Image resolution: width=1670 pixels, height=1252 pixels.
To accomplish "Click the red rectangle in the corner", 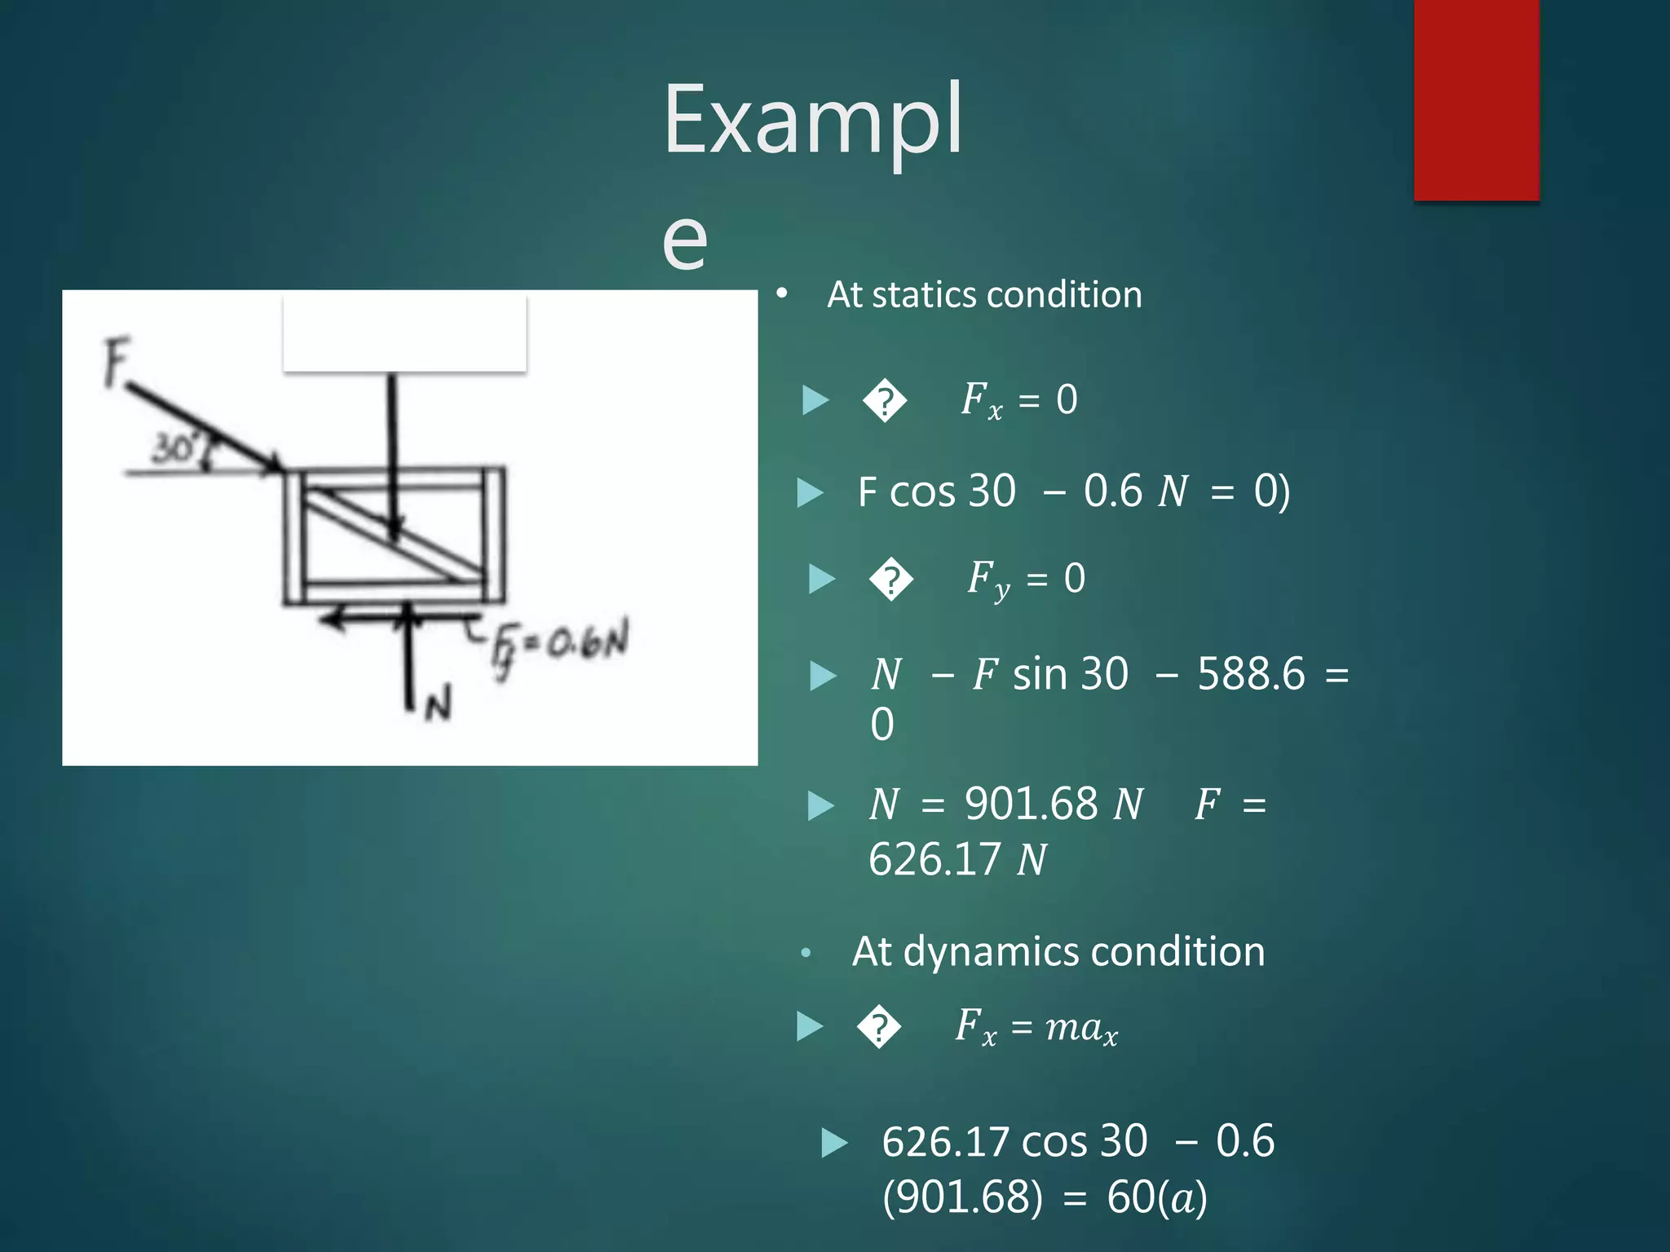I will click(1476, 99).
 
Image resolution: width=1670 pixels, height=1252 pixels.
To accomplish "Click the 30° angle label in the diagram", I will click(174, 447).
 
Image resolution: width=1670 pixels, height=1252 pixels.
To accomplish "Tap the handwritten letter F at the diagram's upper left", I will click(117, 363).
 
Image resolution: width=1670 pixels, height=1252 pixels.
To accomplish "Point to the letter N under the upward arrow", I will click(438, 703).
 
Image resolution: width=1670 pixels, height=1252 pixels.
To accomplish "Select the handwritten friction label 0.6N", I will click(587, 641).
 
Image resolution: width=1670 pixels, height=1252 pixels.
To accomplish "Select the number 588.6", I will click(1250, 674).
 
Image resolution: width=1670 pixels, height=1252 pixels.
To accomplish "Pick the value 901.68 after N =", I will click(1031, 805).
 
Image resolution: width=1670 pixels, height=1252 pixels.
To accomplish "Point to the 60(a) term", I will click(1156, 1197).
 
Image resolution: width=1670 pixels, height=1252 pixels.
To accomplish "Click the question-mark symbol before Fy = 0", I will click(891, 580).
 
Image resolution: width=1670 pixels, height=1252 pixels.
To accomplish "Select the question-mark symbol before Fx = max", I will click(879, 1027).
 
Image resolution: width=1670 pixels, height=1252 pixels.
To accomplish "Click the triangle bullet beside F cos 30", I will click(810, 492).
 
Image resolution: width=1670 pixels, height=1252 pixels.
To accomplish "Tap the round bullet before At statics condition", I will click(782, 293).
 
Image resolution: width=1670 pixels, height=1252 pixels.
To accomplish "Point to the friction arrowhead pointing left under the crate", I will click(330, 619).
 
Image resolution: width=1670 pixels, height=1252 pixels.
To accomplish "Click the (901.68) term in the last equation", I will click(962, 1197).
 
